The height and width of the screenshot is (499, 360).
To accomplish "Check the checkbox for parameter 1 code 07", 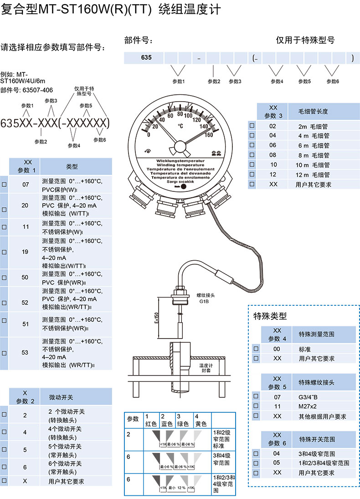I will click(x=4, y=185).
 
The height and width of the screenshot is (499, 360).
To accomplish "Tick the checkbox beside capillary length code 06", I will click(x=252, y=145).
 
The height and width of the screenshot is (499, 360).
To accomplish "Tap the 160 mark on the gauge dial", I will click(x=209, y=134).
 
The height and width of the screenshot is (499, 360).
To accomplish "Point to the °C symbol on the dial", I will click(x=181, y=126).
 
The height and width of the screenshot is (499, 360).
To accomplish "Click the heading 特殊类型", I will click(x=270, y=315).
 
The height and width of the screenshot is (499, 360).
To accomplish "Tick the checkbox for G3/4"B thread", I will click(x=256, y=396).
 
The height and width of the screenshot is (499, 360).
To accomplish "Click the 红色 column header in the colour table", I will click(x=151, y=421).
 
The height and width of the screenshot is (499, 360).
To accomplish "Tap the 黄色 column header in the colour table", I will click(x=201, y=421).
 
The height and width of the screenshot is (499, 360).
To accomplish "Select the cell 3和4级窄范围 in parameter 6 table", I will click(x=317, y=453).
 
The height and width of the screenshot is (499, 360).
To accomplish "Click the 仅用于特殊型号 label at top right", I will click(x=305, y=40).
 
